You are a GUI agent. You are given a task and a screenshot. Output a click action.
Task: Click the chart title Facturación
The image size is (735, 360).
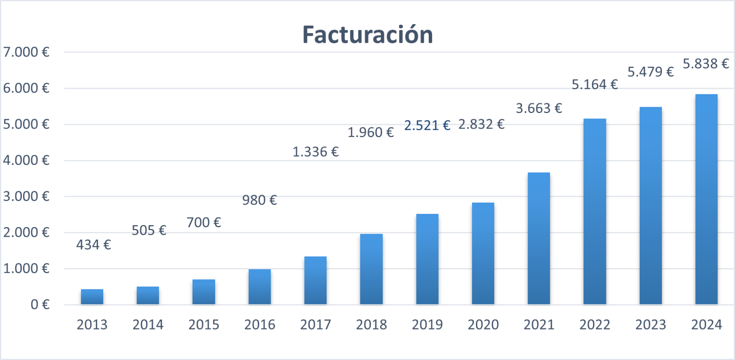click(367, 34)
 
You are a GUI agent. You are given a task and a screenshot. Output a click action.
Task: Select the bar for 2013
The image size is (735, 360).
click(92, 297)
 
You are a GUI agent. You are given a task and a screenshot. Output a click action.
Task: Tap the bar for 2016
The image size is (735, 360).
click(260, 287)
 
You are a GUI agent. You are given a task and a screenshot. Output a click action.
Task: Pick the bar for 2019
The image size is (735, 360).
click(427, 259)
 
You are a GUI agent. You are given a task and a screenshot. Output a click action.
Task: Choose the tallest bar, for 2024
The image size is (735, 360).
click(706, 199)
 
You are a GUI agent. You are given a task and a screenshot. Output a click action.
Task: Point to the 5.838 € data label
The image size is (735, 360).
click(706, 64)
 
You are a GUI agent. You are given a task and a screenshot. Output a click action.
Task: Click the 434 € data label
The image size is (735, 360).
click(93, 245)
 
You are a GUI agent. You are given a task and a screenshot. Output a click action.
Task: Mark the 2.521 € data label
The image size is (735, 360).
click(427, 125)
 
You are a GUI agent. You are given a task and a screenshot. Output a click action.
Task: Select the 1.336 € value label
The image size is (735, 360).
click(315, 152)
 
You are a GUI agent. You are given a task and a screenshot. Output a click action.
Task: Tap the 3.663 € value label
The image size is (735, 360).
click(539, 108)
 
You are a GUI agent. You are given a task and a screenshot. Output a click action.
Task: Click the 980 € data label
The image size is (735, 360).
click(259, 200)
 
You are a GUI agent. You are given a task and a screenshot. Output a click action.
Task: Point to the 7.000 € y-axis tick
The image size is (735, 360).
click(26, 52)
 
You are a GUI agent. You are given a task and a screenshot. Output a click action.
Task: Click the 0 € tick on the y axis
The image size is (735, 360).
click(40, 304)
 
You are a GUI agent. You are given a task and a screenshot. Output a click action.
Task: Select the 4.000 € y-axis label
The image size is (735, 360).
click(26, 160)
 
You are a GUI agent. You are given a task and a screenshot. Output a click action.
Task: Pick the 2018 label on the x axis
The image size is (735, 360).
click(371, 325)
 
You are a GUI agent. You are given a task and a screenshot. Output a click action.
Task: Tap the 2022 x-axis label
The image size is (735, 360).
click(595, 325)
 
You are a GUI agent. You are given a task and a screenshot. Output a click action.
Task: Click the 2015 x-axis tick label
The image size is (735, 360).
click(204, 325)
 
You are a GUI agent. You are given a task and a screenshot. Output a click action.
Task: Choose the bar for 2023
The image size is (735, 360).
click(650, 206)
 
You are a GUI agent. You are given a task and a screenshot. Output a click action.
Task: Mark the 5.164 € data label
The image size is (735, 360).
click(595, 85)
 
